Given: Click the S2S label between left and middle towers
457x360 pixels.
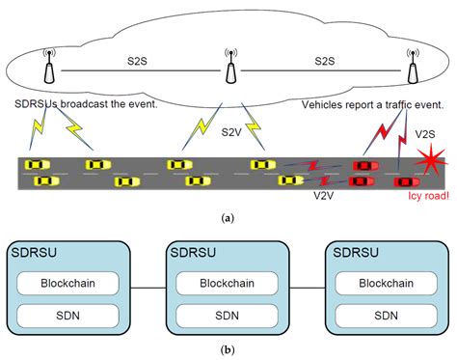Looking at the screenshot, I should coord(136,61).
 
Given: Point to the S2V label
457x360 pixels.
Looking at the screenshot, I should coord(232,131).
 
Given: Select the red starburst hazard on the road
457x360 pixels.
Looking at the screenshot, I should coord(425,167).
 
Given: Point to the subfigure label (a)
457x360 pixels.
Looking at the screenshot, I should coord(228,220).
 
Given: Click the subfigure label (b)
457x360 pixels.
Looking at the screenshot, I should coord(228,351).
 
